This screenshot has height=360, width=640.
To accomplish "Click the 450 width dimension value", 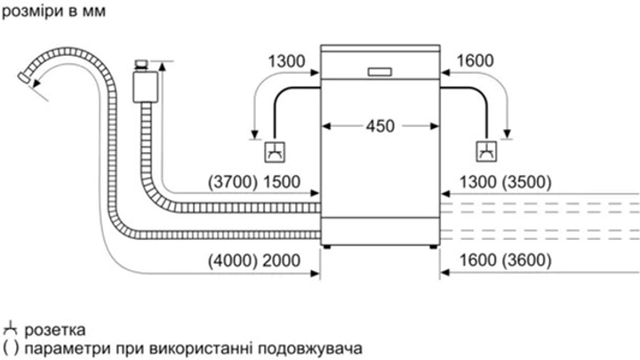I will tap(380, 126).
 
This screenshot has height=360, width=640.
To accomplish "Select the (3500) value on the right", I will tap(527, 183).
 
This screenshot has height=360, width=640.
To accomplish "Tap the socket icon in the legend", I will tap(11, 327).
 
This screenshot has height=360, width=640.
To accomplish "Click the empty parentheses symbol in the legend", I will tap(10, 346).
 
